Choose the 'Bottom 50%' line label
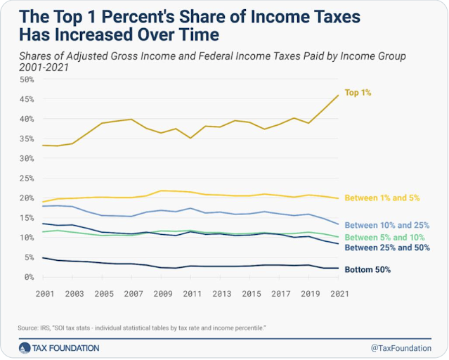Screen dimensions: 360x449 [370, 269]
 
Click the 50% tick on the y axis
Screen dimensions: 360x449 [27, 79]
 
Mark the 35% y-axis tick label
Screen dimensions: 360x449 [27, 139]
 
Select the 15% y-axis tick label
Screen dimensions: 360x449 [27, 218]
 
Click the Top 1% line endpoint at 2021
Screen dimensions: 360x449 [339, 96]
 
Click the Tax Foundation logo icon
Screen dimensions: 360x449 [25, 347]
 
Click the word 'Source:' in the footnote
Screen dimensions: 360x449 [30, 328]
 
